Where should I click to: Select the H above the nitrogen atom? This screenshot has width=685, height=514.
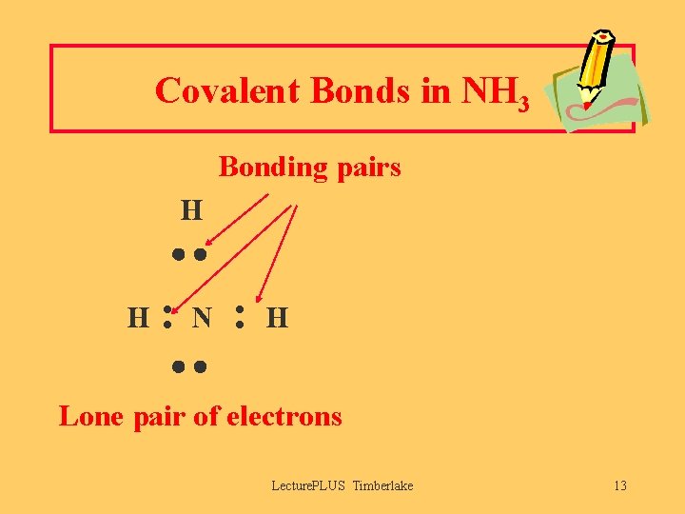coord(192,208)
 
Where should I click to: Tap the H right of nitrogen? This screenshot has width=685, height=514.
coord(277,317)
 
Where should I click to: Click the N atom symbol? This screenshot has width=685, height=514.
coord(202,317)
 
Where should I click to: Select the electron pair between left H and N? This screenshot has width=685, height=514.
coord(166,317)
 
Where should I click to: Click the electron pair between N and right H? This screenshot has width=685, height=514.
coord(241,317)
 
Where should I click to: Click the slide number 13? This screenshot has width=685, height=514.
coord(619,486)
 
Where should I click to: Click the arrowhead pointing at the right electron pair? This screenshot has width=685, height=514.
coord(262,294)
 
